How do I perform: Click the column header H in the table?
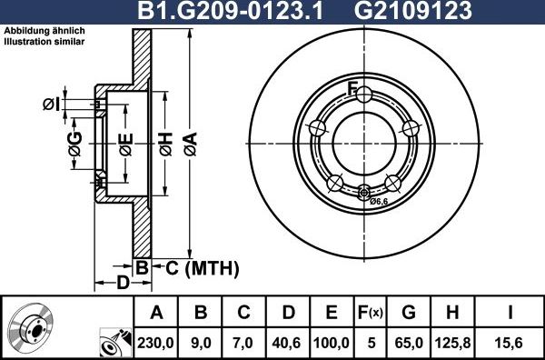pyautogui.click(x=451, y=314)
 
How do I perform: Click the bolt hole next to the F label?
pyautogui.click(x=363, y=95)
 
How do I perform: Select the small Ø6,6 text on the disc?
pyautogui.click(x=380, y=201)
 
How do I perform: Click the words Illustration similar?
pyautogui.click(x=45, y=42)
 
